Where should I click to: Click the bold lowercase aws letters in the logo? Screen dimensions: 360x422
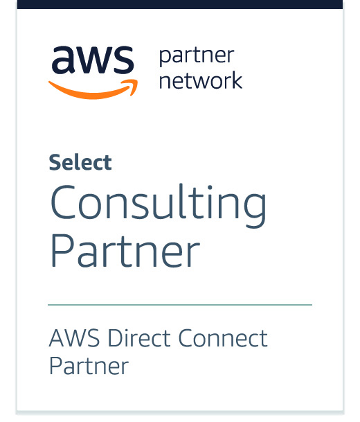pyautogui.click(x=93, y=60)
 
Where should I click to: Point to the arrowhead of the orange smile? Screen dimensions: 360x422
pyautogui.click(x=132, y=86)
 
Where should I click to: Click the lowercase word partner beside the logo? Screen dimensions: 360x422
pyautogui.click(x=197, y=57)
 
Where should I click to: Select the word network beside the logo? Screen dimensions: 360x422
pyautogui.click(x=201, y=80)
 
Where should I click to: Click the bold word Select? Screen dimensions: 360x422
pyautogui.click(x=80, y=162)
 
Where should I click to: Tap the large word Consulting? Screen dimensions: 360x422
pyautogui.click(x=159, y=205)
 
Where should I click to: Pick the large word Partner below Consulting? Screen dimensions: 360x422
pyautogui.click(x=125, y=251)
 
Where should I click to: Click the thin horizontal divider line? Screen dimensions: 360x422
pyautogui.click(x=180, y=305)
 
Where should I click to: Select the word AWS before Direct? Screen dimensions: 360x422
pyautogui.click(x=74, y=337)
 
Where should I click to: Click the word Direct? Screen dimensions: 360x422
pyautogui.click(x=139, y=337)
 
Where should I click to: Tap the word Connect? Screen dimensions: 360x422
pyautogui.click(x=223, y=337)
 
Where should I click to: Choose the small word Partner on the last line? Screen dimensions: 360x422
pyautogui.click(x=89, y=366)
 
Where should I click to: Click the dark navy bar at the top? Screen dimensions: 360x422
pyautogui.click(x=180, y=4)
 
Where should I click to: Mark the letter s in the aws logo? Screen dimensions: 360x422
pyautogui.click(x=123, y=60)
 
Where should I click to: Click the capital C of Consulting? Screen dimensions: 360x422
pyautogui.click(x=62, y=202)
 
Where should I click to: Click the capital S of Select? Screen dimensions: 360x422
pyautogui.click(x=55, y=163)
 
